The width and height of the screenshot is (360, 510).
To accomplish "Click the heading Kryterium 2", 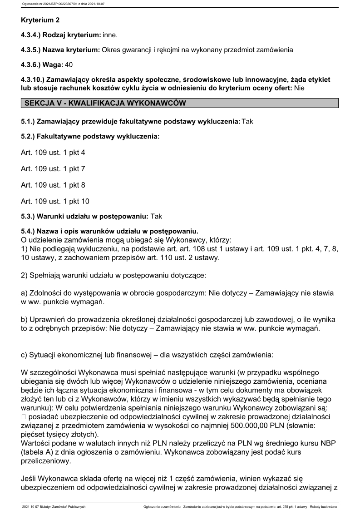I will click(x=40, y=20).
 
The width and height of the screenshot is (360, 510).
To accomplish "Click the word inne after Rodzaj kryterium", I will click(x=110, y=35).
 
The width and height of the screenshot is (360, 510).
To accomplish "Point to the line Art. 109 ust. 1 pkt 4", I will click(x=53, y=153).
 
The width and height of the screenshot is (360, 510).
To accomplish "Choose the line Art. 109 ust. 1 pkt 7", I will click(x=53, y=169).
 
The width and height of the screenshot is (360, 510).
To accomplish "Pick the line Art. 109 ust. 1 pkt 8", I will click(x=53, y=185).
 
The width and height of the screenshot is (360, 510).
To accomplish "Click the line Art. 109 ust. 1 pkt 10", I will click(x=55, y=201).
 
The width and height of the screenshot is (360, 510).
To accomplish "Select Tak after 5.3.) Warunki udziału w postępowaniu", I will click(x=156, y=217).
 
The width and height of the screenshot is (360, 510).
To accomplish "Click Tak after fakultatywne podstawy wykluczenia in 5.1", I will click(x=248, y=121).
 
